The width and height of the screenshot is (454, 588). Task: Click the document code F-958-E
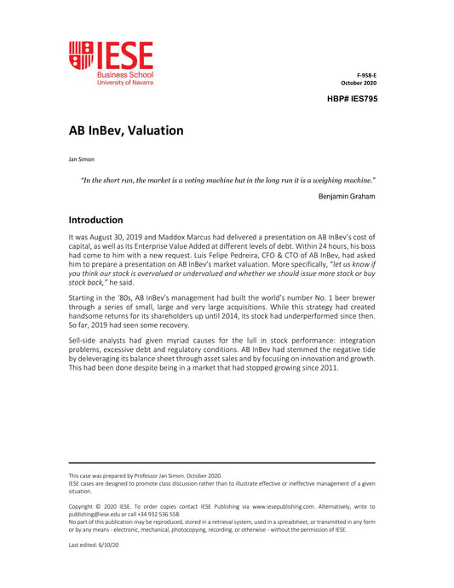[366, 75]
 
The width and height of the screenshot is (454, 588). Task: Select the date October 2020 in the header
[359, 83]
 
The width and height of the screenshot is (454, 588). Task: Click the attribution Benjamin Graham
[346, 196]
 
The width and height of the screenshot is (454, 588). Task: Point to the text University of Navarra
[125, 82]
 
